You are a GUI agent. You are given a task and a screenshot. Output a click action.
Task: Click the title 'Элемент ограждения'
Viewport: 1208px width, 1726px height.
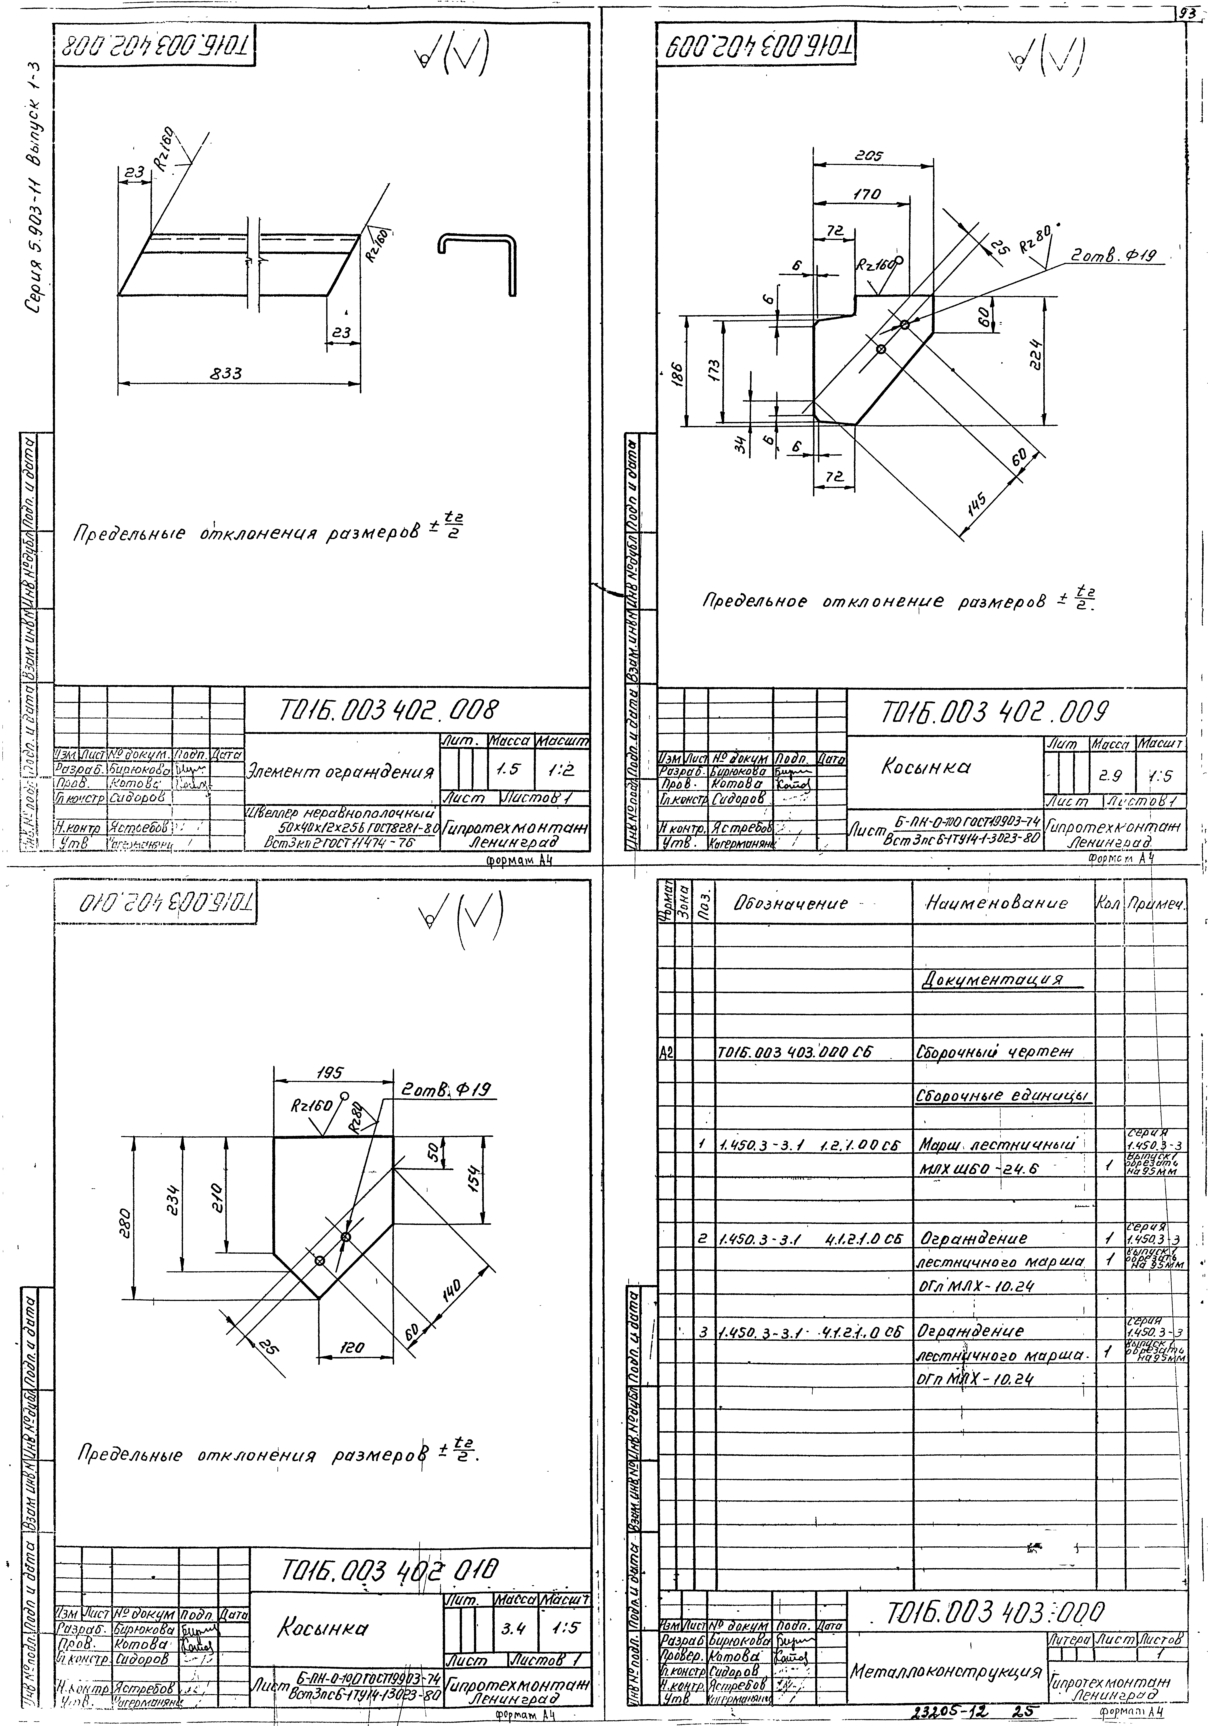pyautogui.click(x=340, y=772)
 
